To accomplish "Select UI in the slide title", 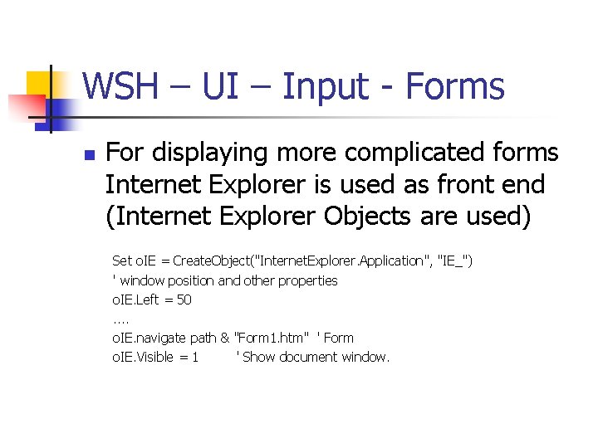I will coord(218,86).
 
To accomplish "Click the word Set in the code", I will coord(122,261).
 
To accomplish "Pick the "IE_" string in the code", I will coord(455,261).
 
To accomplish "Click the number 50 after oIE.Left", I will coord(184,299).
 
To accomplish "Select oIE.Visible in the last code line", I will coord(144,358).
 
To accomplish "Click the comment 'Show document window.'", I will coord(315,358).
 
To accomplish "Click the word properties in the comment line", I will coord(308,280).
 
